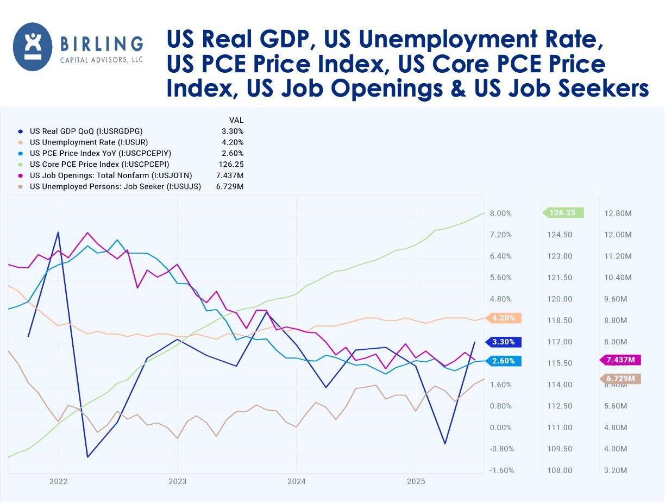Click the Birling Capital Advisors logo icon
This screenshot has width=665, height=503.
pos(33,47)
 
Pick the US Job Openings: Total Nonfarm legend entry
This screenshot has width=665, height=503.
pos(111,175)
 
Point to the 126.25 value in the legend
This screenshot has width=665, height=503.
pos(231,164)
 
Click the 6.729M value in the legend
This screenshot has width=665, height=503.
pos(230,186)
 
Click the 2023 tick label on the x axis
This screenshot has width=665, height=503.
pos(177,481)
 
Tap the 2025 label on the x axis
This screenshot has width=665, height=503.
pos(416,481)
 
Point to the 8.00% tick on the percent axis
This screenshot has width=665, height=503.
pos(500,213)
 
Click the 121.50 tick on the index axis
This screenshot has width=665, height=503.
pos(560,278)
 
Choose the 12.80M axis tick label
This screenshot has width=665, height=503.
pos(618,213)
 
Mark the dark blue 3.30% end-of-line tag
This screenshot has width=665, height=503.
pos(504,342)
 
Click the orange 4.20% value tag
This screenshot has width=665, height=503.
pos(504,318)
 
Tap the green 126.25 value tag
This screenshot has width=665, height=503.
pos(563,213)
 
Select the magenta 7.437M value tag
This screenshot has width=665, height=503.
pos(620,360)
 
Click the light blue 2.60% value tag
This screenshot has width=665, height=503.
pos(504,361)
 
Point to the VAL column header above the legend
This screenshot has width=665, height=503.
pos(236,120)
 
